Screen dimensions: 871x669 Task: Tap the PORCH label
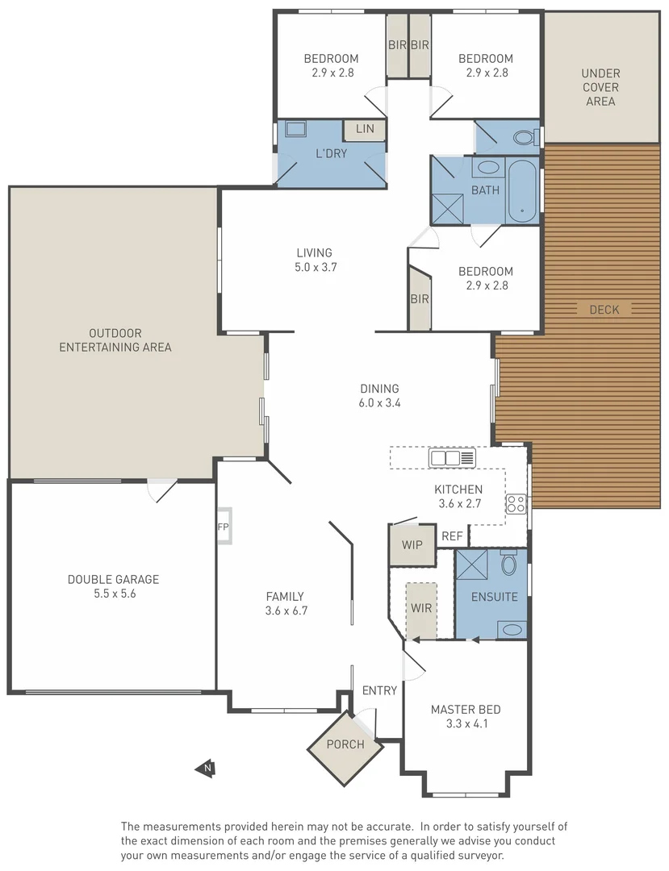click(x=345, y=744)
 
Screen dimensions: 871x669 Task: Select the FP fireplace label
click(x=222, y=527)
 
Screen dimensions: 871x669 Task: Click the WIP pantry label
click(x=412, y=545)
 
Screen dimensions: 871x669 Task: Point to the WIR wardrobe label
click(x=421, y=608)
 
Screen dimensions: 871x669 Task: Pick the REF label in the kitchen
click(x=452, y=536)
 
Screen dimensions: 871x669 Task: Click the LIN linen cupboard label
click(x=365, y=129)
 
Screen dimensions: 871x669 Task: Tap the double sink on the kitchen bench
click(x=445, y=458)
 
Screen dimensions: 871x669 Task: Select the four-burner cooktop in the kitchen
click(x=516, y=504)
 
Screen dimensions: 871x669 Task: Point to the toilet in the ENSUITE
click(x=508, y=562)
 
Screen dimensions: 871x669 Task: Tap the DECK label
click(x=604, y=310)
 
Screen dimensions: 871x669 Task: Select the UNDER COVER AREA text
click(x=600, y=87)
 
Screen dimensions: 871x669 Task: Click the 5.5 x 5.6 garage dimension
click(x=113, y=594)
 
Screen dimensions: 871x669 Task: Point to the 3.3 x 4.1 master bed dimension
click(x=465, y=723)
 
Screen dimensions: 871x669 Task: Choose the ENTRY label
click(x=379, y=690)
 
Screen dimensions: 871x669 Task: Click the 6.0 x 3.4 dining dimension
click(x=379, y=402)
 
